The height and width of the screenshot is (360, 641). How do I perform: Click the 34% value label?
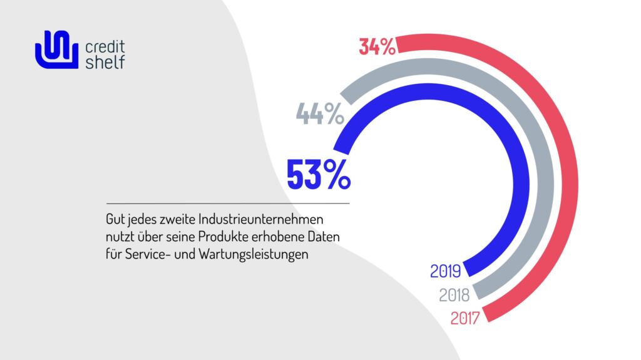point(377,47)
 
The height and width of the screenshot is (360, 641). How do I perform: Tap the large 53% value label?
point(318,175)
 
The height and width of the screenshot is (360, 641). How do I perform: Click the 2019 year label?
point(446,272)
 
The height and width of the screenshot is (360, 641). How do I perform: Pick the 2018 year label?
point(455,294)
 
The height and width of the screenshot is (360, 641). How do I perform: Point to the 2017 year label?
point(464,318)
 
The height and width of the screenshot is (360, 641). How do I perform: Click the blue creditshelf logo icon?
point(55,50)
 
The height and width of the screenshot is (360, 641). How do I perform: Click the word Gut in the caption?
point(114,220)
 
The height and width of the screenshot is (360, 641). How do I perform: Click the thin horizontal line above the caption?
point(228,203)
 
